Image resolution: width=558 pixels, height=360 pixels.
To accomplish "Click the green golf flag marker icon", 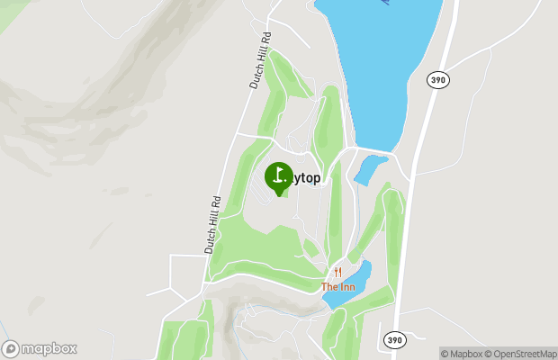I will click(278, 176).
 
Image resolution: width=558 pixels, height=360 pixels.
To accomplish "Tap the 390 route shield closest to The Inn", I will click(394, 339).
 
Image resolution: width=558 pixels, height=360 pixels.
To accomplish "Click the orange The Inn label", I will click(337, 287).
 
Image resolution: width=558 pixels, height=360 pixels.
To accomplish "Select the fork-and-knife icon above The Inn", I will click(337, 272).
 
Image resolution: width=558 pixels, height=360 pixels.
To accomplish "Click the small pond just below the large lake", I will click(370, 168).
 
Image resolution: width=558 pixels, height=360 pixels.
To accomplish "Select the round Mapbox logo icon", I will click(11, 348).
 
